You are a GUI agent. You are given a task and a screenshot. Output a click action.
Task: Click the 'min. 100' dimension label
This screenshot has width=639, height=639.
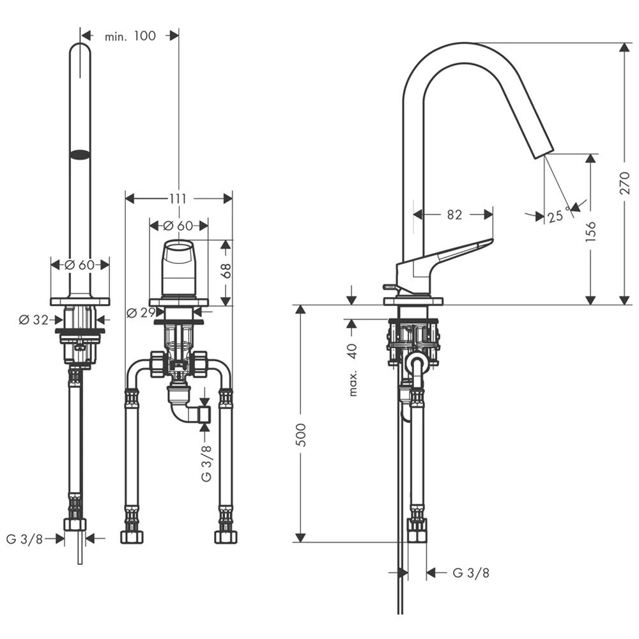(x=130, y=36)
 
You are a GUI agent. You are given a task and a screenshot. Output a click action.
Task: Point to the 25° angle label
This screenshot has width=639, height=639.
(x=558, y=216)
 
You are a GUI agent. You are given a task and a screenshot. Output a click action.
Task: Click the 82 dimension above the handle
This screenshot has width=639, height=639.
(x=454, y=215)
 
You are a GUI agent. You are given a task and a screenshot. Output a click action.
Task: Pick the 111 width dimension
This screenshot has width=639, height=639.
(x=178, y=199)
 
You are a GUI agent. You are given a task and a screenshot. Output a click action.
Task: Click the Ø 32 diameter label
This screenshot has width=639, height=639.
(x=33, y=320)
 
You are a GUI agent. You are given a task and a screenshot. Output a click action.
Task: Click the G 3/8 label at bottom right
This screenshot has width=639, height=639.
(x=471, y=573)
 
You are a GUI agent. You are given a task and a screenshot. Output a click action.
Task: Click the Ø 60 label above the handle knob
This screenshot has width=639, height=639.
(x=178, y=226)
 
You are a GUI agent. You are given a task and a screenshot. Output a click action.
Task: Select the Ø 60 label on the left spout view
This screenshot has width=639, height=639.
(x=79, y=264)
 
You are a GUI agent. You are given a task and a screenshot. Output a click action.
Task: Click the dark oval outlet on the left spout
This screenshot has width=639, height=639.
(x=80, y=154)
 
